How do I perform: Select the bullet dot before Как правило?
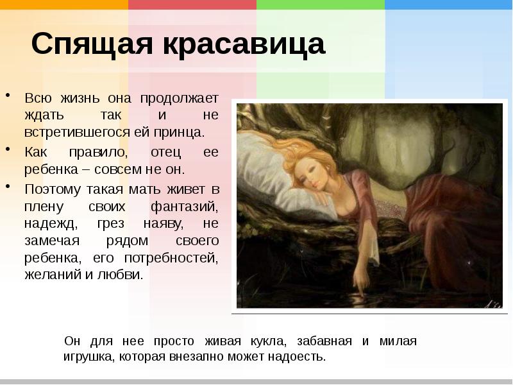pos(8,150)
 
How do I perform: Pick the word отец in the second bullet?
pos(165,153)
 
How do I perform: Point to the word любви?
pos(122,275)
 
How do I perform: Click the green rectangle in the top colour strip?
pos(321,5)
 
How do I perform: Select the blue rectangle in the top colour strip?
pos(449,5)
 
